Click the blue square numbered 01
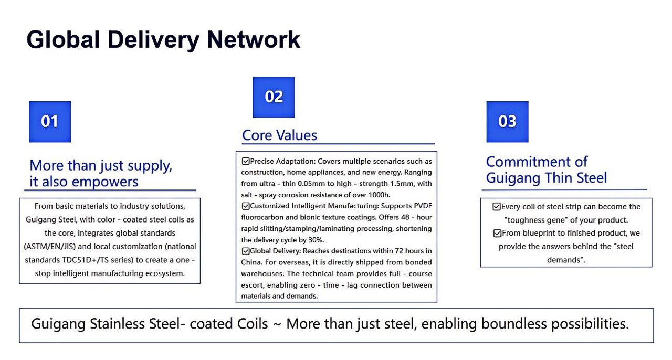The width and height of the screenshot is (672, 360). pos(50,122)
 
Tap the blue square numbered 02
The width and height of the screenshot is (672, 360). pos(274,97)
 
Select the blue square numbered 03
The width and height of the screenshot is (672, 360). pos(507,122)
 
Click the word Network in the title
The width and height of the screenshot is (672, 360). pos(254,39)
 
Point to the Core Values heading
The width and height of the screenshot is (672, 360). pos(279,135)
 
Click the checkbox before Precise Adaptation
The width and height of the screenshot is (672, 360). pos(245,161)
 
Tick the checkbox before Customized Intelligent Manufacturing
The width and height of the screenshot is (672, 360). pos(245,206)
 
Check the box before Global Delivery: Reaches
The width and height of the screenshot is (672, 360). pos(245,251)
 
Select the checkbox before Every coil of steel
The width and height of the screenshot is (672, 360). pos(497,206)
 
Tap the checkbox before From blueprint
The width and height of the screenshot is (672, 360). pos(497,233)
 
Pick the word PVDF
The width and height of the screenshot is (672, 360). pos(423,206)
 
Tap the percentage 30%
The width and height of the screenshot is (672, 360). pos(316,240)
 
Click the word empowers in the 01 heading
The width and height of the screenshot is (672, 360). pos(105,182)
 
